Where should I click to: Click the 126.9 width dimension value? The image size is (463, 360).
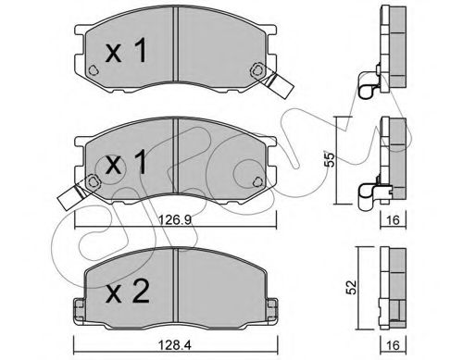175,220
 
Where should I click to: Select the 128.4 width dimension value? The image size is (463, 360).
175,345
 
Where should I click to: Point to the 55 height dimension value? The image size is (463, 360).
330,159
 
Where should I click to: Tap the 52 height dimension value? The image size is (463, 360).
352,288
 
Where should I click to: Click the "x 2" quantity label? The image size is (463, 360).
128,292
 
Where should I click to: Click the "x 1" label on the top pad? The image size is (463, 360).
126,52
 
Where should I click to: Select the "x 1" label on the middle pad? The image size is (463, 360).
126,162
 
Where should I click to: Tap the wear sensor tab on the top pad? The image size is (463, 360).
277,84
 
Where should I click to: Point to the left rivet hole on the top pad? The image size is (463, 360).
93,70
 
